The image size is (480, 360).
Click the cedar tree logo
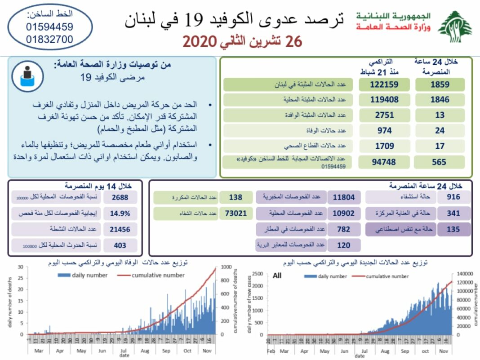[x=455, y=27]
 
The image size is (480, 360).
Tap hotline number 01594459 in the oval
[x=49, y=27]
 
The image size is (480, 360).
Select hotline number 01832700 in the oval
[x=49, y=39]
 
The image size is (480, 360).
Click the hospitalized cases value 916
[x=453, y=197]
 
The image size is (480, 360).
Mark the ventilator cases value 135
[x=453, y=229]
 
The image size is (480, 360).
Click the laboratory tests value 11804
[x=344, y=197]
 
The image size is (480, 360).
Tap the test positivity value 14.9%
[x=120, y=213]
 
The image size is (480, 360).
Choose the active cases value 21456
[x=120, y=229]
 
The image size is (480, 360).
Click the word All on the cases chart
[x=277, y=276]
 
